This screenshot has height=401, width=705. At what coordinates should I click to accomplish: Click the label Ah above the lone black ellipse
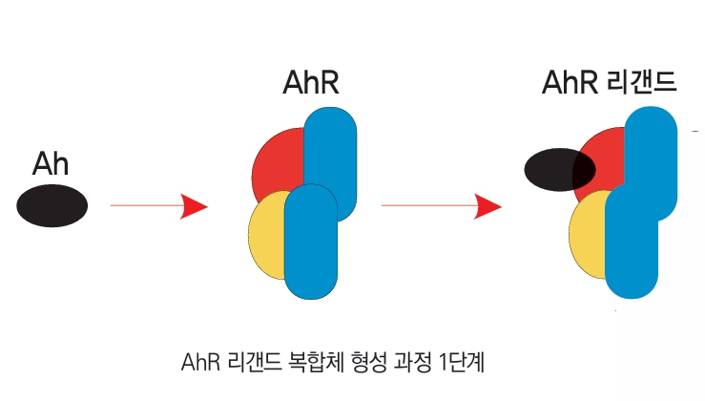pyautogui.click(x=51, y=163)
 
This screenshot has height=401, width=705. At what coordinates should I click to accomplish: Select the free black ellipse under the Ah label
pyautogui.click(x=52, y=205)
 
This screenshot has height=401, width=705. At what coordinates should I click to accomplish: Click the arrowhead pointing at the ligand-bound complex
pyautogui.click(x=488, y=205)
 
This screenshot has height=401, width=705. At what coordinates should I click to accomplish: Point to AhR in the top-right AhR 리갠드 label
pyautogui.click(x=570, y=83)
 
